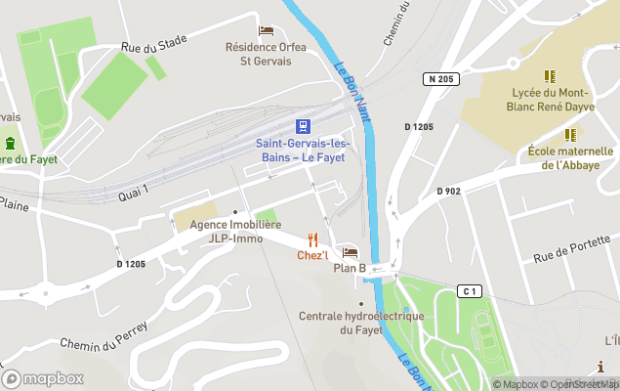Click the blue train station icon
[x=304, y=126]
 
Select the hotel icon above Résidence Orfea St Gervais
[x=266, y=31]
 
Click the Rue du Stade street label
[x=153, y=43]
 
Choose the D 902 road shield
[x=448, y=191]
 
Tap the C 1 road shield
[x=470, y=291]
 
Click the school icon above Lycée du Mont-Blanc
[x=549, y=75]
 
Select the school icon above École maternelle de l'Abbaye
[x=569, y=135]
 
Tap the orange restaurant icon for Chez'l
[x=312, y=239]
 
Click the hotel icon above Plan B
[x=350, y=253]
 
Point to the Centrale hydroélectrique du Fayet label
[x=360, y=323]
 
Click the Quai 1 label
[x=134, y=193]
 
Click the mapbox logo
[x=43, y=378]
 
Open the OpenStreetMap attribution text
[x=581, y=384]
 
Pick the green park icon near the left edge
[x=11, y=143]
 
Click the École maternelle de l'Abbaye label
[x=570, y=158]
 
